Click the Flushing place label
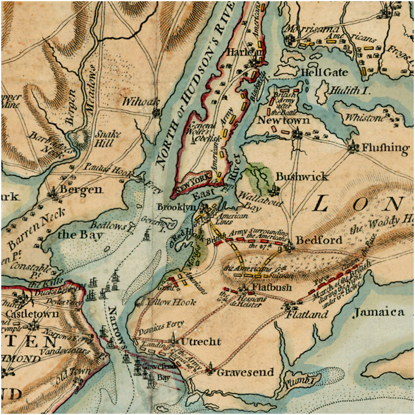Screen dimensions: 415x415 385,148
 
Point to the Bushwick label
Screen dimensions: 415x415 302,177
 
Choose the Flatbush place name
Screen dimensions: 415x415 272,288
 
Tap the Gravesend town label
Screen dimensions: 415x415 245,372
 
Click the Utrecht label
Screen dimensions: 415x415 201,342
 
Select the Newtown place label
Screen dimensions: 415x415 283,120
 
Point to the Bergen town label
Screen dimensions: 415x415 81,190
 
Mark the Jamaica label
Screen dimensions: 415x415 379,312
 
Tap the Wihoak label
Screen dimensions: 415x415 135,102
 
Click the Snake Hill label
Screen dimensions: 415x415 108,139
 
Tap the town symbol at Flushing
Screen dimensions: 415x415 353,146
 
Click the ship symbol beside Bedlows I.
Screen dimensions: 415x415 146,235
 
